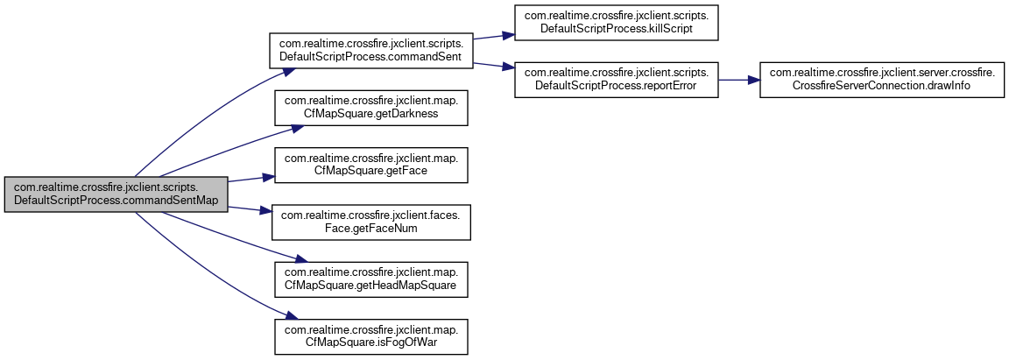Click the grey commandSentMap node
(x=116, y=194)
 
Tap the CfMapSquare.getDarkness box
(x=372, y=107)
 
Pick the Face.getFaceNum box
(x=372, y=222)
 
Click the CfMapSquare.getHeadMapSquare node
(x=372, y=279)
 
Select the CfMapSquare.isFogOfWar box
(x=372, y=336)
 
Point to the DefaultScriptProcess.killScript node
(x=616, y=23)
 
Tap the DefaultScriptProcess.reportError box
(x=616, y=80)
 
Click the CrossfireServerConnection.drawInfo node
(x=882, y=80)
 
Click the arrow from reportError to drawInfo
(x=738, y=80)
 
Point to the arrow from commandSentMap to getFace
(x=251, y=179)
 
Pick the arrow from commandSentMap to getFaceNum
(x=251, y=209)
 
